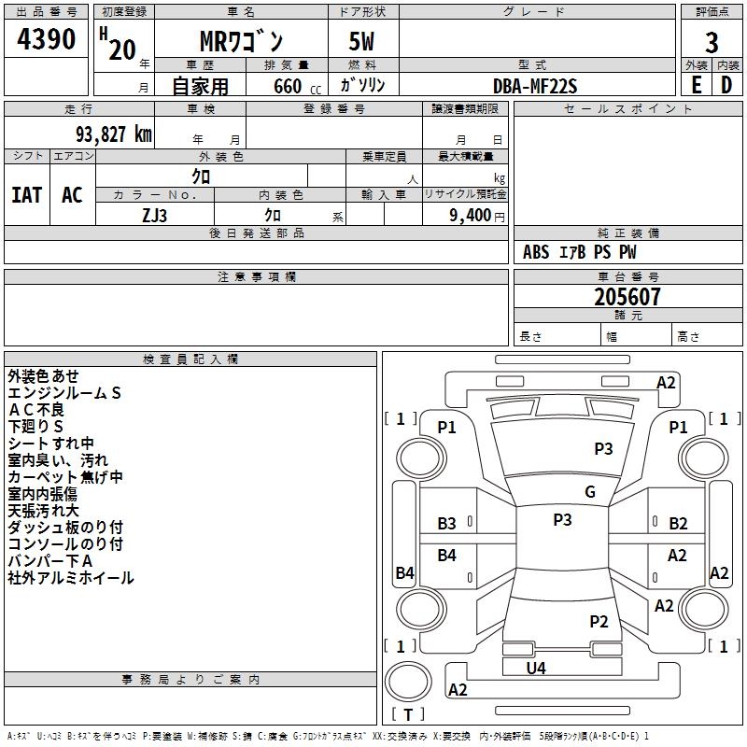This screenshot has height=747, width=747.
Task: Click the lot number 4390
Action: point(46,40)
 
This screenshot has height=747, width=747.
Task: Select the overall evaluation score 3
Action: point(712,43)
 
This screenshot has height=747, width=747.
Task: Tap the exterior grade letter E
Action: point(696,84)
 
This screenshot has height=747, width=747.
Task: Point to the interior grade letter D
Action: point(726,84)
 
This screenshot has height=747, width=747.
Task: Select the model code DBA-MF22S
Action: point(535,85)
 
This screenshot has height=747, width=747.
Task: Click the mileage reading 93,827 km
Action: point(106,134)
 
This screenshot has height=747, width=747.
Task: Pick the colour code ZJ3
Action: point(155,214)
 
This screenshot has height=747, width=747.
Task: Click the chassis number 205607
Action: point(627,297)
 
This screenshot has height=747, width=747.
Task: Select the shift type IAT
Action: point(26,195)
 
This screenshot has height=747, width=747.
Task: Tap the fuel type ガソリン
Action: point(362,85)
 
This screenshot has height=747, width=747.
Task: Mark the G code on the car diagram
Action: point(589,492)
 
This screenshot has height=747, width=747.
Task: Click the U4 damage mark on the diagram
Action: point(536,668)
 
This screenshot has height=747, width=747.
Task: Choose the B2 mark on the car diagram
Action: point(678,524)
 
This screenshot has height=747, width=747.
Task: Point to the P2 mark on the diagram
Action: point(599,621)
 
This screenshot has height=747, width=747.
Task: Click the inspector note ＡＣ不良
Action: point(37,410)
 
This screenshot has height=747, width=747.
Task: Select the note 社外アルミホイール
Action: point(71,578)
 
